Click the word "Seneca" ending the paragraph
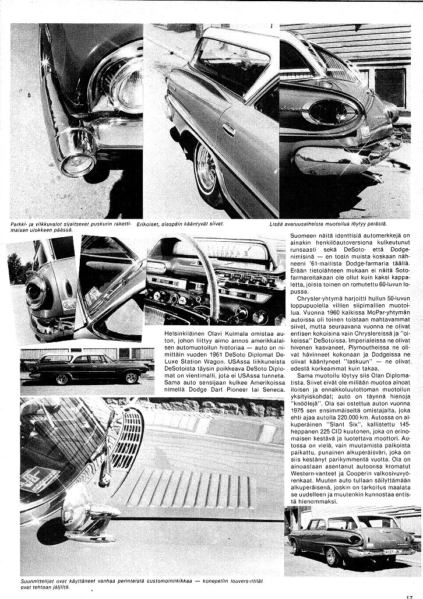pyautogui.click(x=272, y=389)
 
